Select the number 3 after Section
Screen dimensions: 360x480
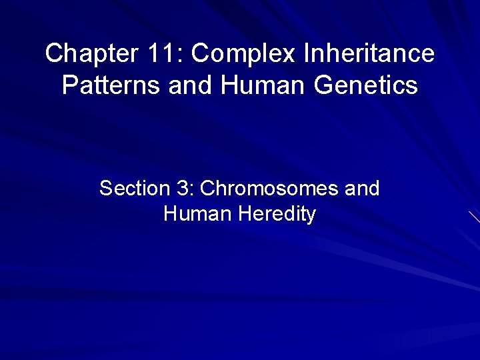click(x=183, y=189)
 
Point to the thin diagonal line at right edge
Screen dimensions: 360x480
click(x=474, y=216)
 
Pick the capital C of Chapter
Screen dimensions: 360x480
click(x=53, y=53)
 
